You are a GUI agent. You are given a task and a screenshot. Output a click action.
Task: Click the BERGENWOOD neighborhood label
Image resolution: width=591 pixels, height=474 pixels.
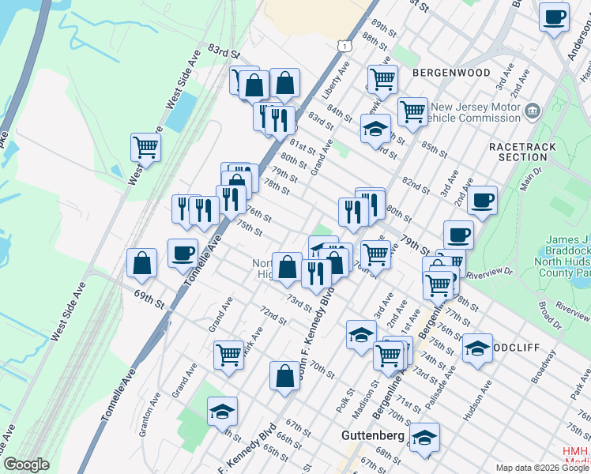point(451,72)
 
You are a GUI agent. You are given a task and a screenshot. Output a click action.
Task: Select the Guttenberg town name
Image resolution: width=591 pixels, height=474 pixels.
point(372,435)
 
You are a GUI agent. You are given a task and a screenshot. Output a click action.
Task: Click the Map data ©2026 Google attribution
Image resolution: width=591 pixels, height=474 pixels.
point(541,468)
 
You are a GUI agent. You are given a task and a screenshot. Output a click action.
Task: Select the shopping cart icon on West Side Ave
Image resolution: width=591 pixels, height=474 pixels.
point(145,146)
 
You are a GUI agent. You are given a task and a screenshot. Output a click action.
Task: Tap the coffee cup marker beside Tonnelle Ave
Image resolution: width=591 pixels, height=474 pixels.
point(183,253)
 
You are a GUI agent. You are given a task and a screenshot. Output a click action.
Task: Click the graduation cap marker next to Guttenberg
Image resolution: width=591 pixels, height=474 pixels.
point(424,437)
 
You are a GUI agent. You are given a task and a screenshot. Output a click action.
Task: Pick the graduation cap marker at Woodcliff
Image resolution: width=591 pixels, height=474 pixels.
point(477,348)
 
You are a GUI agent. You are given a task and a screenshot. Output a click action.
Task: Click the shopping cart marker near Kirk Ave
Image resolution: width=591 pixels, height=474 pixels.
point(228,355)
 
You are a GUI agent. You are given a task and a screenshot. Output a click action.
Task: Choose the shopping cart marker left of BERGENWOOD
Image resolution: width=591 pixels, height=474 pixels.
point(382,78)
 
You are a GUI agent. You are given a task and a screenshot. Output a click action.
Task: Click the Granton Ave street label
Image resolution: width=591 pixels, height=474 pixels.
point(149,421)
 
